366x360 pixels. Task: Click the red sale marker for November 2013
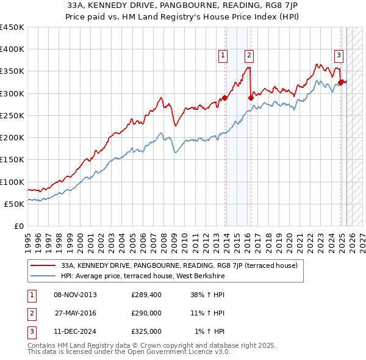(x=224, y=98)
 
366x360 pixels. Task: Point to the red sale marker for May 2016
(x=251, y=98)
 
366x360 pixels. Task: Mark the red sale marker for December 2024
(x=340, y=82)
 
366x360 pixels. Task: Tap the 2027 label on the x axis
(x=362, y=240)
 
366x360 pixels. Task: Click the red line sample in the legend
(x=43, y=265)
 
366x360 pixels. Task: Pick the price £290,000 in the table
(x=146, y=313)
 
